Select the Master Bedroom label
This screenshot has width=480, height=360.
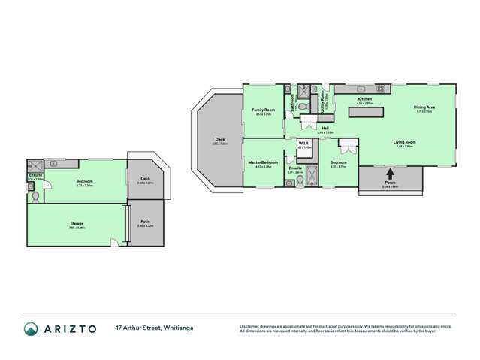click(x=263, y=162)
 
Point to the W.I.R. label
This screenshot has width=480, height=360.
click(x=303, y=143)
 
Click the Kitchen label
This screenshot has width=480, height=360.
click(x=364, y=99)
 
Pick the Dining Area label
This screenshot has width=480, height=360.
click(x=424, y=107)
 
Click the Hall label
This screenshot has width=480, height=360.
click(x=325, y=128)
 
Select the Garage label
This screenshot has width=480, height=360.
click(x=77, y=223)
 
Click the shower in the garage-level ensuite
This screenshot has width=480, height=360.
click(x=35, y=165)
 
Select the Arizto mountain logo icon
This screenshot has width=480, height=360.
click(x=32, y=328)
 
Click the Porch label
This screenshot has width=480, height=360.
click(x=390, y=184)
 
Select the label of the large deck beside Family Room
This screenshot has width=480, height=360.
click(x=219, y=140)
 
